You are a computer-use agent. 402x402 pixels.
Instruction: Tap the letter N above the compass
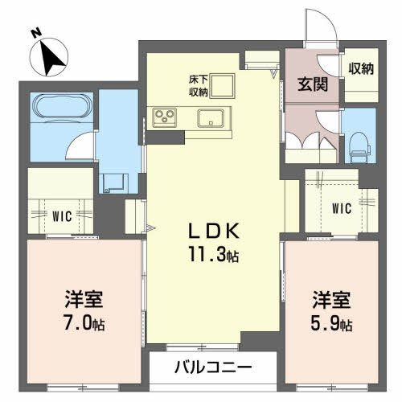[x=35, y=33]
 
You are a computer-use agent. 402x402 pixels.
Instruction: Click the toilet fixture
[x=359, y=147]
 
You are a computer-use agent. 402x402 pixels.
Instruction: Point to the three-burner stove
[x=164, y=117]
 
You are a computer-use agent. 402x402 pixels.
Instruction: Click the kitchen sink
[x=211, y=118]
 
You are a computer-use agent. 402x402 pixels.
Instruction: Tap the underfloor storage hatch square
[x=222, y=86]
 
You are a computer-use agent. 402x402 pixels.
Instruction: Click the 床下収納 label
[x=199, y=86]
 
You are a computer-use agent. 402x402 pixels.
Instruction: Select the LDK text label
[x=214, y=231]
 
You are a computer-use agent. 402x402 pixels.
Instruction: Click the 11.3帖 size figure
[x=214, y=254]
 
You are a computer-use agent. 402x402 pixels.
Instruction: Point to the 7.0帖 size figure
[x=84, y=323]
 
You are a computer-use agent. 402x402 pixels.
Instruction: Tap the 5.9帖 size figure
[x=331, y=323]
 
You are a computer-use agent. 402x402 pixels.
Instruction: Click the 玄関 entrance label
[x=313, y=84]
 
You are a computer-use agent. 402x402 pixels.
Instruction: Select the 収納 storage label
[x=361, y=69]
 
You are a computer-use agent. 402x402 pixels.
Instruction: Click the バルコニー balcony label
[x=213, y=367]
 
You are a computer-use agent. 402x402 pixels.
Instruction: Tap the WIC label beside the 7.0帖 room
[x=62, y=216]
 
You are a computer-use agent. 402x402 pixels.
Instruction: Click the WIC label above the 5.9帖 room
[x=342, y=208]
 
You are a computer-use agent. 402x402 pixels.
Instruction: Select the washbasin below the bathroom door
[x=113, y=183]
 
